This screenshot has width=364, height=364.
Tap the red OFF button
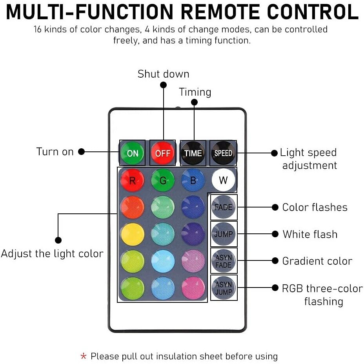[x=162, y=153]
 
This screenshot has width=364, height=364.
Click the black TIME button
[x=193, y=153]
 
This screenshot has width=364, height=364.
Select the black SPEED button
[x=223, y=153]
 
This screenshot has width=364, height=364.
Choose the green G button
[x=163, y=180]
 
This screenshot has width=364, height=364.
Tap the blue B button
[x=193, y=180]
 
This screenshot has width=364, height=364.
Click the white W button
[x=223, y=180]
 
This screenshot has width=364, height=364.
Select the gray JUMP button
[x=224, y=234]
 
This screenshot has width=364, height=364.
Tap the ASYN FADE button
[x=224, y=261]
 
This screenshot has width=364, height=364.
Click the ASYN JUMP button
[x=224, y=288]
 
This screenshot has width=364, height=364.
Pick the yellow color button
[x=133, y=234]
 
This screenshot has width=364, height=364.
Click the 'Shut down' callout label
[x=164, y=74]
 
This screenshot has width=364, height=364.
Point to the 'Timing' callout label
[x=195, y=92]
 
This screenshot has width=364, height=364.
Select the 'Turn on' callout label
[x=55, y=152]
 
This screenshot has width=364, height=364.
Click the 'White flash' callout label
[x=310, y=234]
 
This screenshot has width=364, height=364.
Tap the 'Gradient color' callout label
[x=317, y=261]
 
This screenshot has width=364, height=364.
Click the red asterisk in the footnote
[x=83, y=356]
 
